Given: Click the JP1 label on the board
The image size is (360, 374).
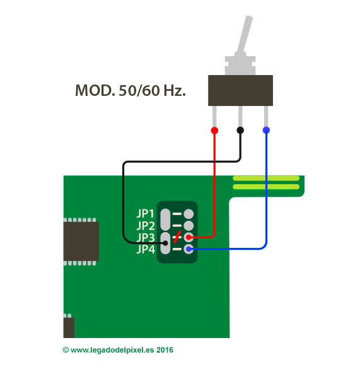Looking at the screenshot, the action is click(145, 213).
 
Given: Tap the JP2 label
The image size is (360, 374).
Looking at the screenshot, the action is click(146, 225).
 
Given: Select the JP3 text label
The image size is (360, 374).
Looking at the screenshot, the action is click(146, 238).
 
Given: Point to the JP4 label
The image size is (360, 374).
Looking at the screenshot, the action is click(146, 250).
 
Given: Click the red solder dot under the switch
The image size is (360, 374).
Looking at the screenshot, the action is click(214, 131).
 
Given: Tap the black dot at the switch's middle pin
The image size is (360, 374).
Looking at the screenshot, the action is click(240, 130).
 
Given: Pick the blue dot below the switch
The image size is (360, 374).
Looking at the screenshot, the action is click(266, 130).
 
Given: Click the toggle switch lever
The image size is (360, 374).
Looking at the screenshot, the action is click(245, 36).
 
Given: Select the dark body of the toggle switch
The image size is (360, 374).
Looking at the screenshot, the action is click(241, 90).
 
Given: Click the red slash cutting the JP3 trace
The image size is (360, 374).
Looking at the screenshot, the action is click(177, 237).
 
